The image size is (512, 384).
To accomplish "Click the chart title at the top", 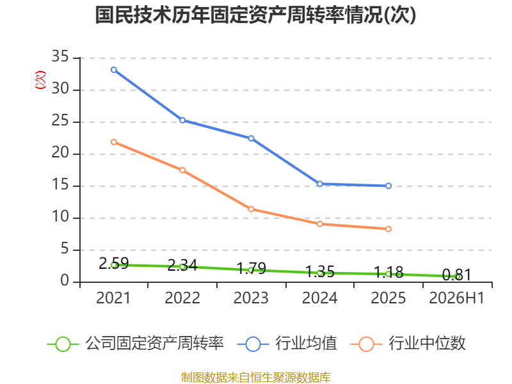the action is (255, 15).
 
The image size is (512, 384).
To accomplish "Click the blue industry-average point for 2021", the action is (114, 70).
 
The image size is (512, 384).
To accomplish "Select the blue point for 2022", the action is (182, 120).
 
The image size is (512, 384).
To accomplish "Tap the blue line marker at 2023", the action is (251, 138).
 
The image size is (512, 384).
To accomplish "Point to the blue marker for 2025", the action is (388, 186).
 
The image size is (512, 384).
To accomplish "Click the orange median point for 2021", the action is (114, 142).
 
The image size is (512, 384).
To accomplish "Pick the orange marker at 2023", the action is (251, 209).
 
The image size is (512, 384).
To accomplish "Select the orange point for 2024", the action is (319, 224).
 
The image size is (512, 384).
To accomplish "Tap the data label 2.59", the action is (114, 263).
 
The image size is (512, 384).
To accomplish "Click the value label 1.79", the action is (251, 268).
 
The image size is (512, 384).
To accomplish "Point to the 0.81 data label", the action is (457, 275).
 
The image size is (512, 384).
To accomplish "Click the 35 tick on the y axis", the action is (60, 57).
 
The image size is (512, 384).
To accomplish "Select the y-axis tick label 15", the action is (60, 185).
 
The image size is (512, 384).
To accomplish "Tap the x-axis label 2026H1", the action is (456, 298).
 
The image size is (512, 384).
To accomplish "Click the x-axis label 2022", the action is (182, 298).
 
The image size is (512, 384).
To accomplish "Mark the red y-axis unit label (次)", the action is (40, 80).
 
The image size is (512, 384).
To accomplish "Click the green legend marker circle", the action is (63, 344).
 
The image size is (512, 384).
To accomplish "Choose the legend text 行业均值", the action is (306, 344).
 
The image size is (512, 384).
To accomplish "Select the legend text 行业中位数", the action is (427, 344).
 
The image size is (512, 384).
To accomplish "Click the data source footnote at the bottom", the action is (256, 378).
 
